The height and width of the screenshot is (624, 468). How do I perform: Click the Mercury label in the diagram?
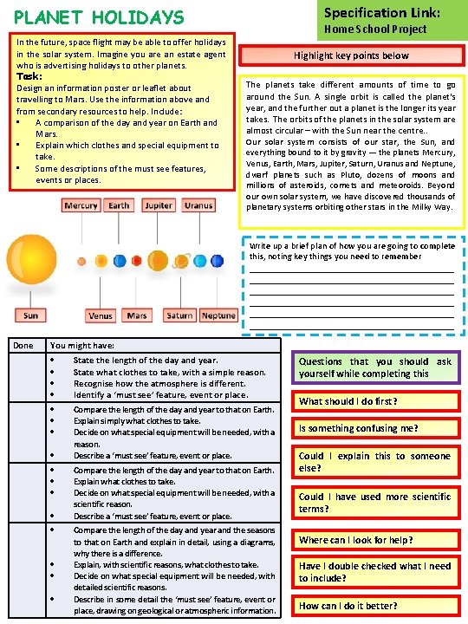(81, 206)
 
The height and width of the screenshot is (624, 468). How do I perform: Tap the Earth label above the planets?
(120, 206)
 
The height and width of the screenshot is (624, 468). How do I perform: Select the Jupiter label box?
(159, 206)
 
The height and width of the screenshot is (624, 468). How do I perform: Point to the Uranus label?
(198, 206)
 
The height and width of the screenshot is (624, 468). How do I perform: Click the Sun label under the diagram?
(30, 316)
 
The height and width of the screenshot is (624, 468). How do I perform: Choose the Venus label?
(101, 316)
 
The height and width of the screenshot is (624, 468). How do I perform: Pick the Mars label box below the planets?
(136, 316)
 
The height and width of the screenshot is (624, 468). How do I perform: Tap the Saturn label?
(179, 316)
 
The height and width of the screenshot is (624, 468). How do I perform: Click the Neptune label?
(218, 316)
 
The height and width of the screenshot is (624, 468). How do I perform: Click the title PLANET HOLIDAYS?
(99, 16)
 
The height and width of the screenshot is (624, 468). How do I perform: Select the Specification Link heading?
(382, 13)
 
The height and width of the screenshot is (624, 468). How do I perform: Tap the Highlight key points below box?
(351, 55)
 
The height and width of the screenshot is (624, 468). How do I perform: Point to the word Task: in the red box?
(29, 76)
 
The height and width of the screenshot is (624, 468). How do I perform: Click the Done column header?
(23, 346)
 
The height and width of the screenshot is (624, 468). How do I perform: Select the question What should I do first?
(348, 402)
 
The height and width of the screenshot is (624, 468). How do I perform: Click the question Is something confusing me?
(359, 428)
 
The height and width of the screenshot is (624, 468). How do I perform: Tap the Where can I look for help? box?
(355, 540)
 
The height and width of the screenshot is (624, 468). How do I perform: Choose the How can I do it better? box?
(348, 606)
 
